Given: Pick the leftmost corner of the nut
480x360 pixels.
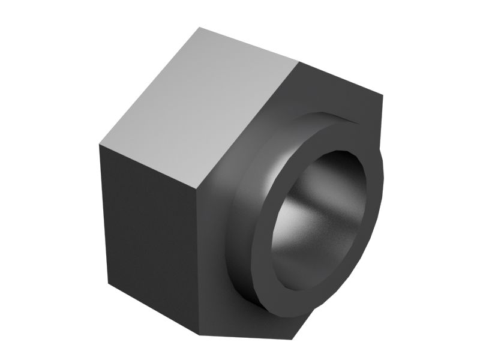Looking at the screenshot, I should pyautogui.click(x=99, y=145).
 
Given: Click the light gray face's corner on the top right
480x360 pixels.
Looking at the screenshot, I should pyautogui.click(x=298, y=61).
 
